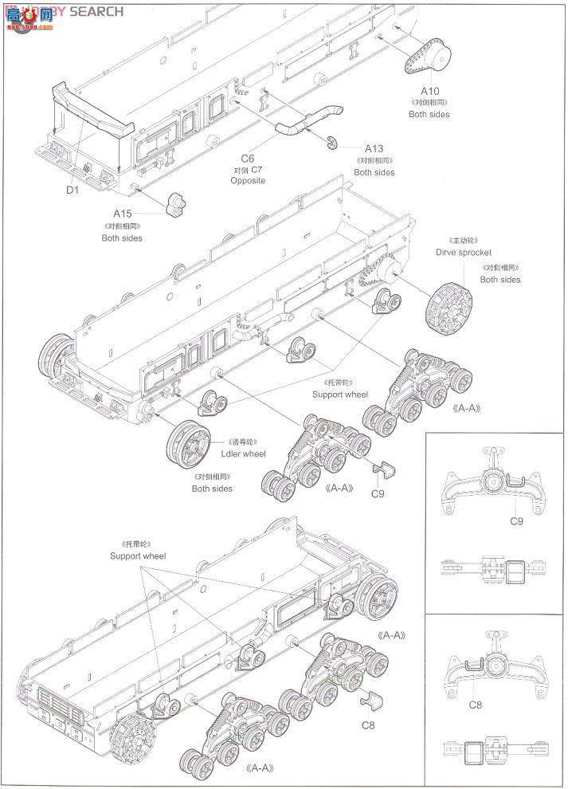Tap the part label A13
(x=374, y=148)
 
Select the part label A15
(x=122, y=214)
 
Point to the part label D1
(x=72, y=190)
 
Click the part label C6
(x=247, y=158)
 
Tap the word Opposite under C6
(x=247, y=181)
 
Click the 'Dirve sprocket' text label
(x=464, y=252)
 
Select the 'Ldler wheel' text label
(x=244, y=453)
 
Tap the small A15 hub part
(x=177, y=206)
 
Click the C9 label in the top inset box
(x=515, y=521)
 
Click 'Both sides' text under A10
(x=429, y=114)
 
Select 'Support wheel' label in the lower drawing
(x=138, y=555)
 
